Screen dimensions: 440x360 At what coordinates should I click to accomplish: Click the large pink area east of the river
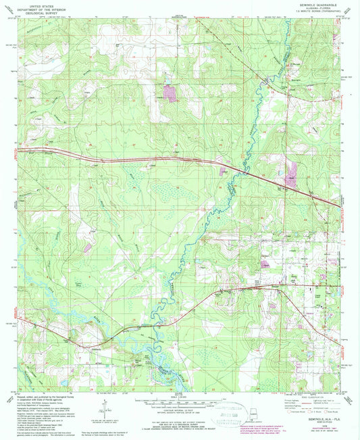[x=292, y=173]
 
